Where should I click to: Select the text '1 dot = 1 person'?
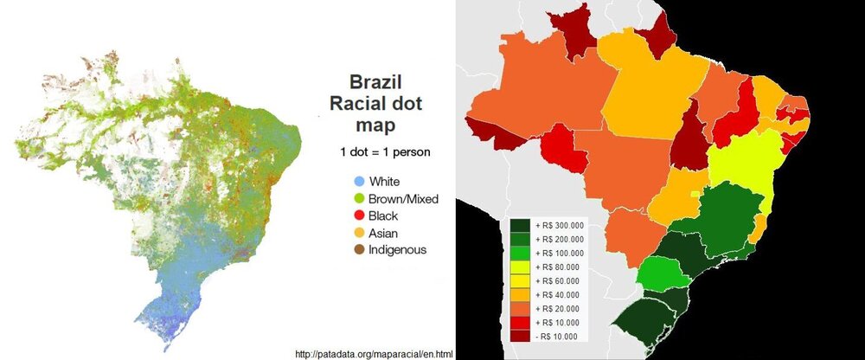click(x=385, y=153)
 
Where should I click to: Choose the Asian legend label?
click(x=384, y=232)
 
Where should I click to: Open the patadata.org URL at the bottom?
click(x=374, y=354)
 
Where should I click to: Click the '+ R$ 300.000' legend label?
click(x=561, y=224)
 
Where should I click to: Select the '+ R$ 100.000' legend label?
click(x=561, y=253)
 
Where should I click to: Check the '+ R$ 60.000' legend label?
click(x=560, y=280)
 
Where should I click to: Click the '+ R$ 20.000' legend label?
click(x=560, y=308)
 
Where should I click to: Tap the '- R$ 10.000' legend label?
click(x=560, y=335)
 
